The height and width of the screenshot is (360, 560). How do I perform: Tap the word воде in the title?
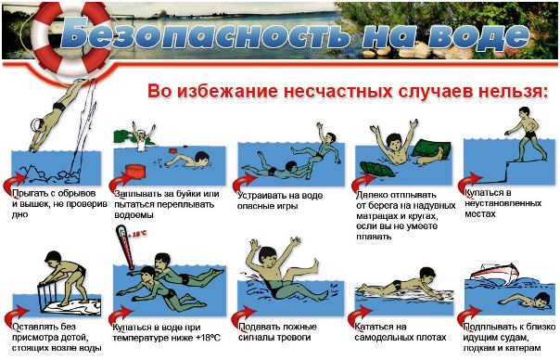pyautogui.click(x=479, y=34)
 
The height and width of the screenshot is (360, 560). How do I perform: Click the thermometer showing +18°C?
pyautogui.click(x=124, y=247)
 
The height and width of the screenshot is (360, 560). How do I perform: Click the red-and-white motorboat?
pyautogui.click(x=494, y=273)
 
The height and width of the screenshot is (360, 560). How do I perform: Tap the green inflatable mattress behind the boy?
pyautogui.click(x=431, y=149)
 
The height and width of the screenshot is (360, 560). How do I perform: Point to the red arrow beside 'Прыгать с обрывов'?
pyautogui.click(x=14, y=184)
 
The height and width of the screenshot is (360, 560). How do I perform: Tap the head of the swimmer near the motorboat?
pyautogui.click(x=542, y=299)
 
